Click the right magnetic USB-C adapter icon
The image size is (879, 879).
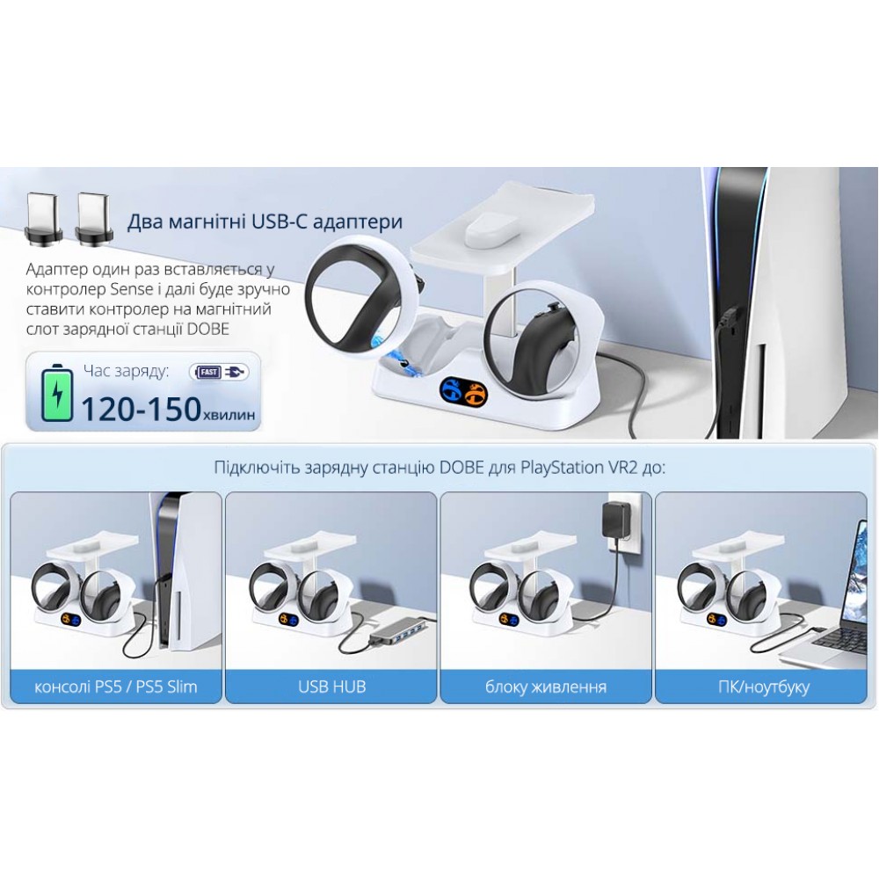click(x=95, y=219)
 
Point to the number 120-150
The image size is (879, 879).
click(x=141, y=409)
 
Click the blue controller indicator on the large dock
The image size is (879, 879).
click(x=449, y=389)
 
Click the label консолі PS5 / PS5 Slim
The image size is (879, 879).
click(x=116, y=686)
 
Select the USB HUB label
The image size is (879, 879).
click(x=332, y=686)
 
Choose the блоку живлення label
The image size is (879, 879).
click(x=546, y=687)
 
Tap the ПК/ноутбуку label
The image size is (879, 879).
click(x=764, y=687)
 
